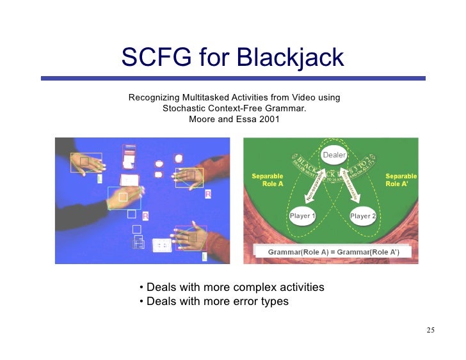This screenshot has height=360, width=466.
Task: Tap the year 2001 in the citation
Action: point(268,119)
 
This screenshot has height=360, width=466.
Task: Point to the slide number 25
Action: point(430,330)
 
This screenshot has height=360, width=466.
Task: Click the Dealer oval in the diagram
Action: point(334,155)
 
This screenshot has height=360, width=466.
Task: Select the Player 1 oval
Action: point(303,216)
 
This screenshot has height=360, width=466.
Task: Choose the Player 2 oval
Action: point(363,216)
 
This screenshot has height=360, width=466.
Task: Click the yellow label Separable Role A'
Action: point(401,180)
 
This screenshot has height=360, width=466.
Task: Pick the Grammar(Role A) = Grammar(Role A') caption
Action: point(333,252)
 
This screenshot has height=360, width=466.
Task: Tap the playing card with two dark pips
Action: point(162,244)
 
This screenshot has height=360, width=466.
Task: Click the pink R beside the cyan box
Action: point(145,216)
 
